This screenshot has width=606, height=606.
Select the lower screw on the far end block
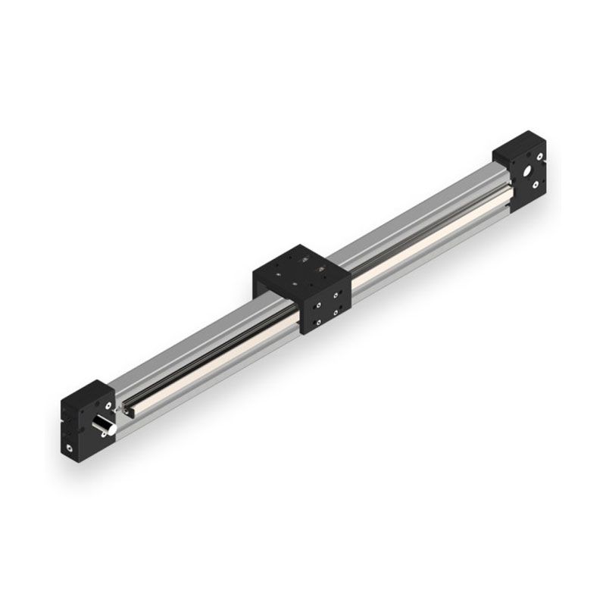tap(536, 184)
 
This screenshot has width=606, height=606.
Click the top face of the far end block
tap(518, 144)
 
